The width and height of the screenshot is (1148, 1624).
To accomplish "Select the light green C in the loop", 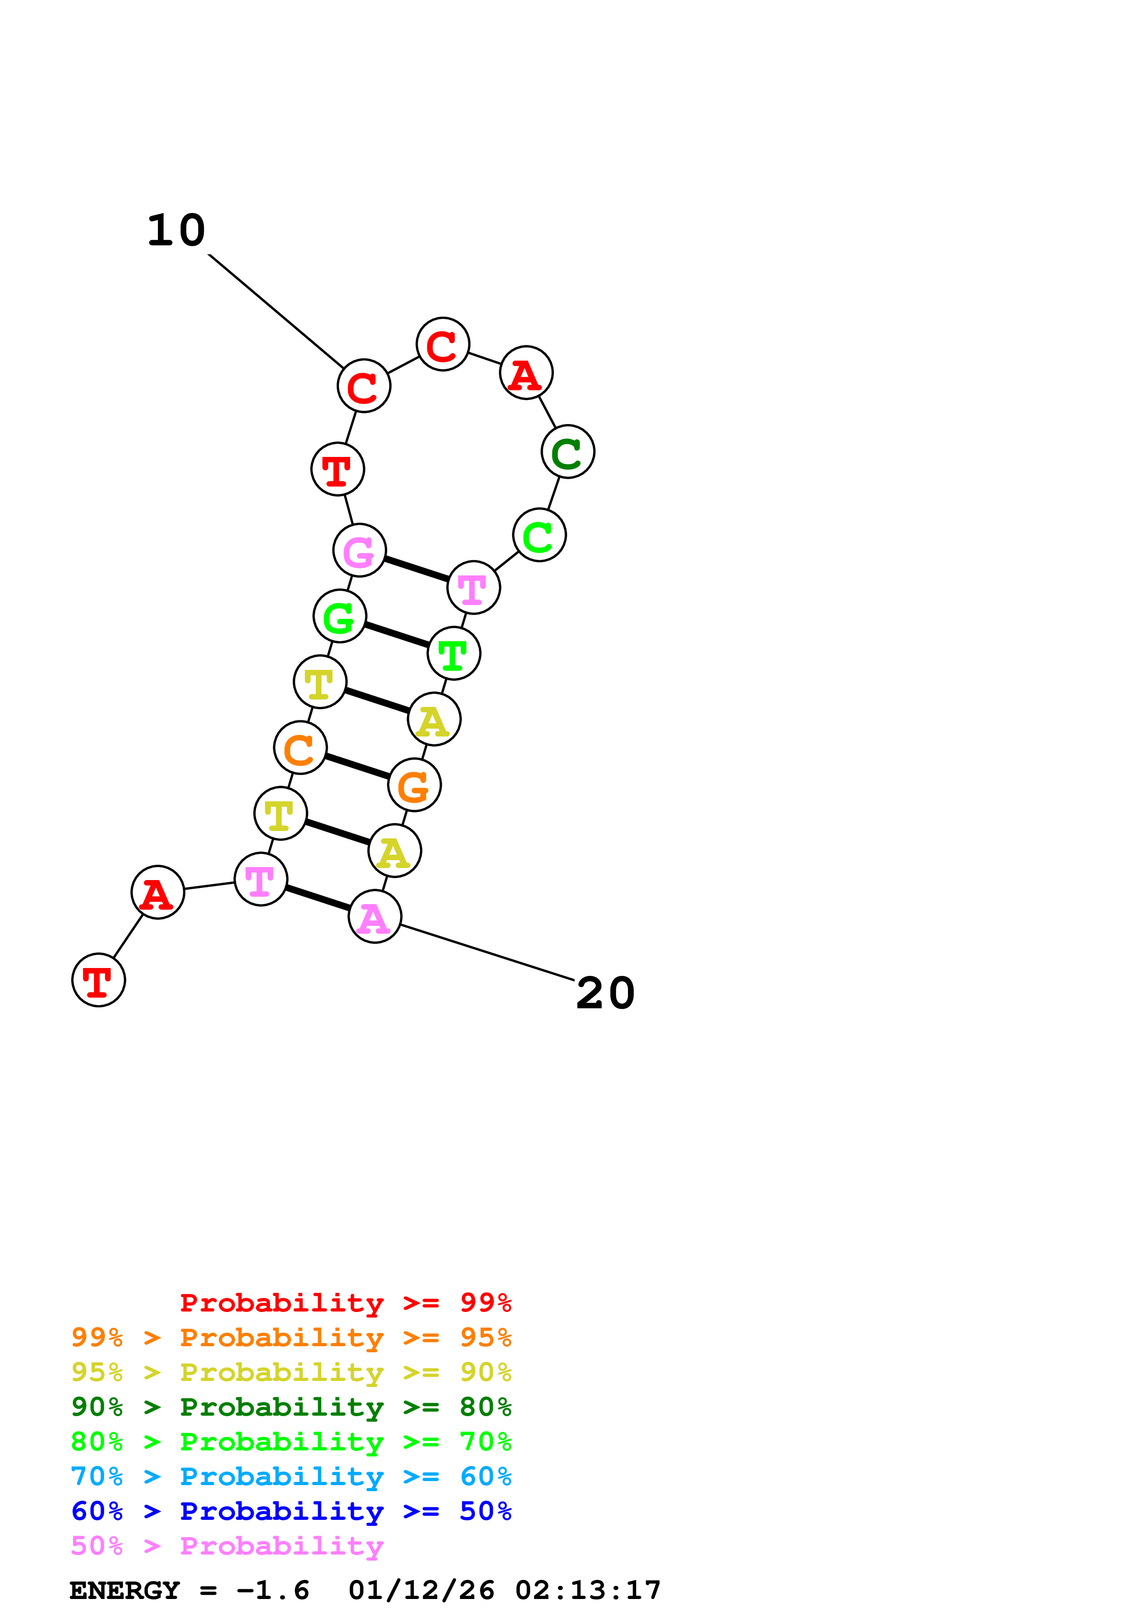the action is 539,536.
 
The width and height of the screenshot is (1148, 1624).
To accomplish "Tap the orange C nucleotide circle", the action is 300,748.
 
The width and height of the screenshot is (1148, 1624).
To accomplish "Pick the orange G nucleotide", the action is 414,785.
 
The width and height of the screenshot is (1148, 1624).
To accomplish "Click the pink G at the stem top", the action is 359,550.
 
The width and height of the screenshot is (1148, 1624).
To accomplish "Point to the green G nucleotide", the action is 339,616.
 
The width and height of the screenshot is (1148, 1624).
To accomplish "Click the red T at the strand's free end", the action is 98,981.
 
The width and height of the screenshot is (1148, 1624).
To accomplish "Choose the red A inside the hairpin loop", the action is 526,373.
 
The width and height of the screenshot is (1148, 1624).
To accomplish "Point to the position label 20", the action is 605,993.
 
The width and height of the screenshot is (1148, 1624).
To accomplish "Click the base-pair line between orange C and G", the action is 357,767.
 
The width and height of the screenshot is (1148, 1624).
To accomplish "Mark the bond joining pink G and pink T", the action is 417,569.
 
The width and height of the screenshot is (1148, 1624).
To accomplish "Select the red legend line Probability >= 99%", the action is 345,1303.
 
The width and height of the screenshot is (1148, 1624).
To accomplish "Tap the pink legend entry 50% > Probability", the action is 227,1546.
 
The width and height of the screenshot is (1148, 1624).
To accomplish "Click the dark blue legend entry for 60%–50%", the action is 291,1512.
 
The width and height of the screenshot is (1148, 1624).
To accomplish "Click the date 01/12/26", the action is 421,1591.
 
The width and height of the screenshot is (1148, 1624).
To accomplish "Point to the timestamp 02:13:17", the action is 588,1591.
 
